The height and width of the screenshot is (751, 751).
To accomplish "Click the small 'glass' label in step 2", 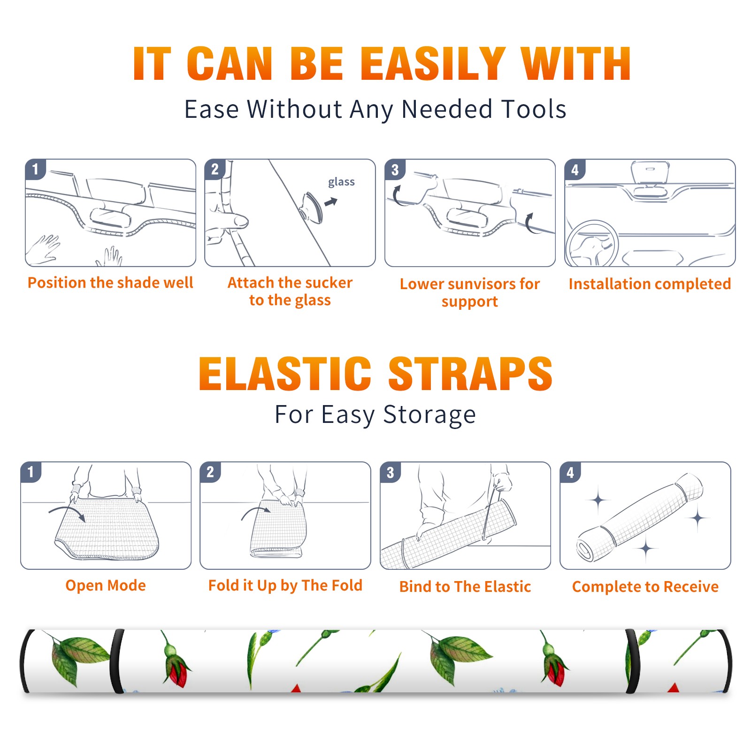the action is [x=341, y=182].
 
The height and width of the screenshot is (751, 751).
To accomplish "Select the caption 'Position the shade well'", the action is [x=110, y=283].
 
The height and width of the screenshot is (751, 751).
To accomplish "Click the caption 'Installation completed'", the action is [x=650, y=284].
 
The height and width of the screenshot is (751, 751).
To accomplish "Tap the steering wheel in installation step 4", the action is [x=592, y=244].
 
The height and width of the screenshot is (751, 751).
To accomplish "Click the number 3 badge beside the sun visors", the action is [x=395, y=170].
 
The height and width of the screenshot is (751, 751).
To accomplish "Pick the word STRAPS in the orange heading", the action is [x=471, y=374].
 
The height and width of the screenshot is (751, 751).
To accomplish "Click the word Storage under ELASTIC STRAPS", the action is [x=429, y=415].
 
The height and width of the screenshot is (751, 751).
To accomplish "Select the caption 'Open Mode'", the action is [x=106, y=585].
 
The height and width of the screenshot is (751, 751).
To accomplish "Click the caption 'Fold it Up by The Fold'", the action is [x=285, y=585].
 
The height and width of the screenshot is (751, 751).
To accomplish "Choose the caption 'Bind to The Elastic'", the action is [x=465, y=587].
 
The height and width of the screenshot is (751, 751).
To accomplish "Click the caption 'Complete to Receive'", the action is [x=645, y=587].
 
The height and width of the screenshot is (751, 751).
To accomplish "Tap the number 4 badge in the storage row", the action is [x=570, y=472].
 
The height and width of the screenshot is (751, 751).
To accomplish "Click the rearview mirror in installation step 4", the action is [x=650, y=172].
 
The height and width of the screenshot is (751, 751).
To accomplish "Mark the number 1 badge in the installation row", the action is [x=35, y=169].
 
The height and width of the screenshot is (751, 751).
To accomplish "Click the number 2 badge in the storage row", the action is [x=210, y=472].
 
